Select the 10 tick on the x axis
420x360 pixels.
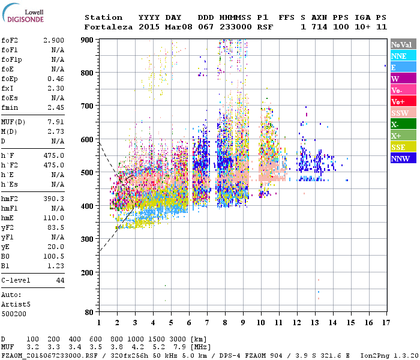[260, 322]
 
